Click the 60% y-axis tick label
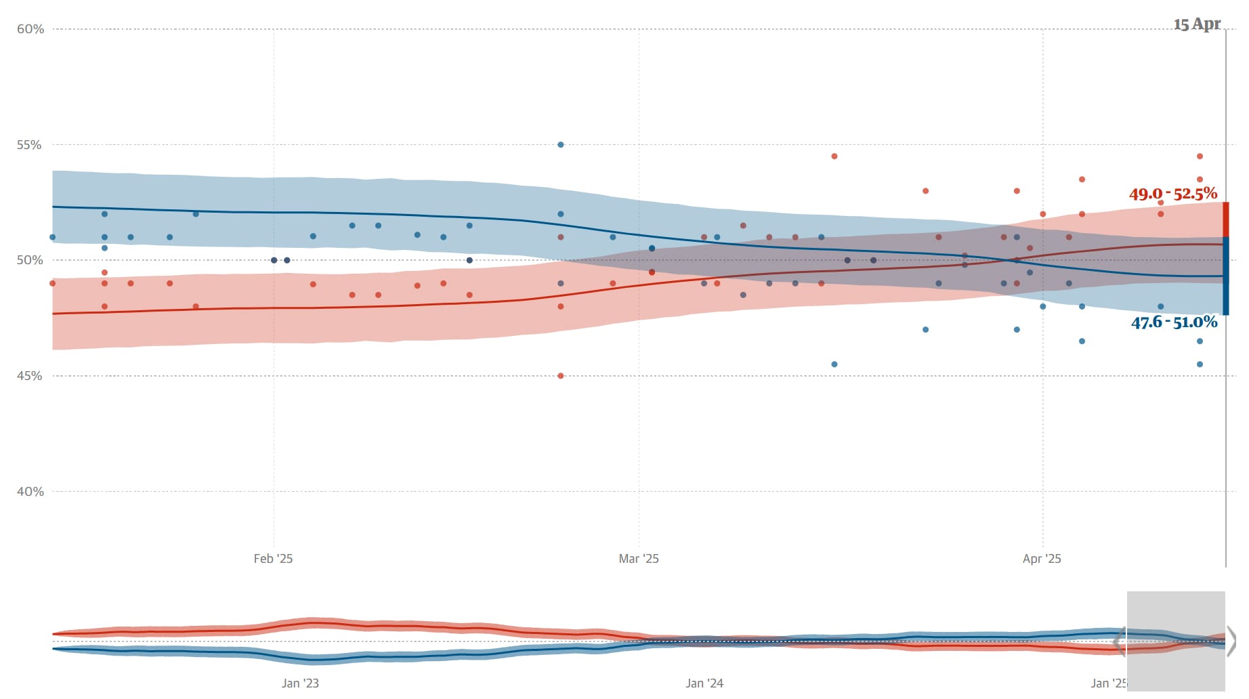(30, 29)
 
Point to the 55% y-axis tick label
(29, 145)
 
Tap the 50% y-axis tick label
(29, 260)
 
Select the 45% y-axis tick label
(29, 376)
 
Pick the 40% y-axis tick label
(29, 492)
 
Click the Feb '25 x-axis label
(273, 559)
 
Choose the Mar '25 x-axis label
(638, 559)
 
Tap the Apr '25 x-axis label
(1042, 559)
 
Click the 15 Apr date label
(1197, 24)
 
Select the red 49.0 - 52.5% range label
(1172, 194)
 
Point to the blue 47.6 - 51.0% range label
(1174, 322)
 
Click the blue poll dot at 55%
(560, 145)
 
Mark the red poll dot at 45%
(560, 376)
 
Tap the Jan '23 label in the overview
(300, 683)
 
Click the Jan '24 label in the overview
(704, 683)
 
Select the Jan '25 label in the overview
(1108, 683)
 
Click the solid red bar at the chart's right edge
(1226, 219)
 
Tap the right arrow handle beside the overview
(1231, 641)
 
